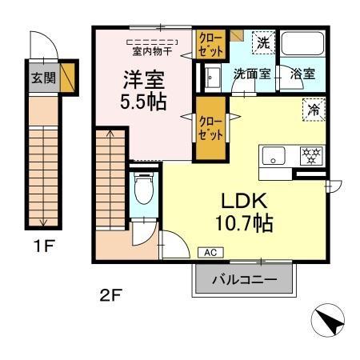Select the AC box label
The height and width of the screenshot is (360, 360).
[x=210, y=252]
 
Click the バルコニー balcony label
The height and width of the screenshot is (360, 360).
[x=244, y=281]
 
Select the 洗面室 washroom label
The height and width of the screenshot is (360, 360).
[x=251, y=73]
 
